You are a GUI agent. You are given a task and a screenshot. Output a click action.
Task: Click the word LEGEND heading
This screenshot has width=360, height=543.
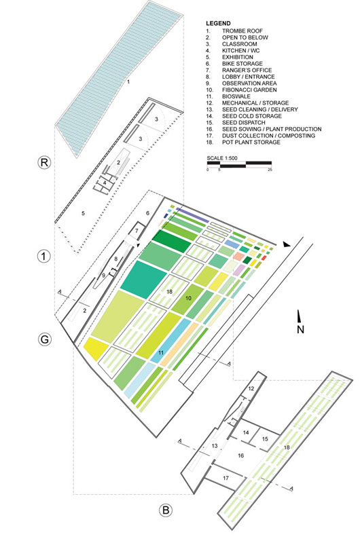[x=218, y=24]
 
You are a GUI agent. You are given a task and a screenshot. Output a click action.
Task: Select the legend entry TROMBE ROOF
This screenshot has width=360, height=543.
[x=242, y=31]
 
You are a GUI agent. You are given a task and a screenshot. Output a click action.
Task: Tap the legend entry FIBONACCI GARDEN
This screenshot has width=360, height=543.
[x=249, y=90]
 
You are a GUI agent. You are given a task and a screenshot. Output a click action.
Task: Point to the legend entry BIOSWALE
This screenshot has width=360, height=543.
[x=236, y=96]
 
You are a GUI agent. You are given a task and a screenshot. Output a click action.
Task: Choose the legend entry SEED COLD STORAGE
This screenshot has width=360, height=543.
[x=251, y=116]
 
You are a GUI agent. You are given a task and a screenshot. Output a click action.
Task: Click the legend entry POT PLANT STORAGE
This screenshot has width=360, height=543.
[x=251, y=143]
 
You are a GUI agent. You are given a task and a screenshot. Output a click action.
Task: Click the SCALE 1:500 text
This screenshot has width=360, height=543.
[x=222, y=158]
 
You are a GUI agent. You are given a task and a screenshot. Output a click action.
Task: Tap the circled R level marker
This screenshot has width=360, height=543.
[x=44, y=162]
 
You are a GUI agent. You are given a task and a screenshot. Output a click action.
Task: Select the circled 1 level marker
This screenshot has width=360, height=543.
[x=43, y=257]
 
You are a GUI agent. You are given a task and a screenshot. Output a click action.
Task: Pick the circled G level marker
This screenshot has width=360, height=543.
[x=44, y=339]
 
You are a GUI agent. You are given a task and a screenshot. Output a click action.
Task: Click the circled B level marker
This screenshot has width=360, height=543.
[x=166, y=510]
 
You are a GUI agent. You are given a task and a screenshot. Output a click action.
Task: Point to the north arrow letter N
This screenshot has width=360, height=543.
[x=300, y=329]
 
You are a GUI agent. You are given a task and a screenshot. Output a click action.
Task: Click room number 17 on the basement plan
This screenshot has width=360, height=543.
[x=226, y=479]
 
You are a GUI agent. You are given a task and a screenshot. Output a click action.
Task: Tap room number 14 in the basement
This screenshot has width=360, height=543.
[x=246, y=432]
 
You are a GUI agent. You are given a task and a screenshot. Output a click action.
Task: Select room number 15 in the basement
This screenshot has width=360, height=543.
[x=265, y=439]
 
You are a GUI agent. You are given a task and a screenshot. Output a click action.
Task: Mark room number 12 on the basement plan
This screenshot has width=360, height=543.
[x=251, y=388]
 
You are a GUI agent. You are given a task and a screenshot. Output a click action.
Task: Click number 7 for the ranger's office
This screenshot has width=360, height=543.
[x=137, y=231]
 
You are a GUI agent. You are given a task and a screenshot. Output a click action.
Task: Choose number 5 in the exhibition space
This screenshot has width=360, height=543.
[x=83, y=213]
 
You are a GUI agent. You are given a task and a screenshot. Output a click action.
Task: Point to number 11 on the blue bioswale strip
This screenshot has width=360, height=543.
[x=161, y=352]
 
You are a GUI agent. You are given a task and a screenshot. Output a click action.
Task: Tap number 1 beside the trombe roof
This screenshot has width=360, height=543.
[x=128, y=82]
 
